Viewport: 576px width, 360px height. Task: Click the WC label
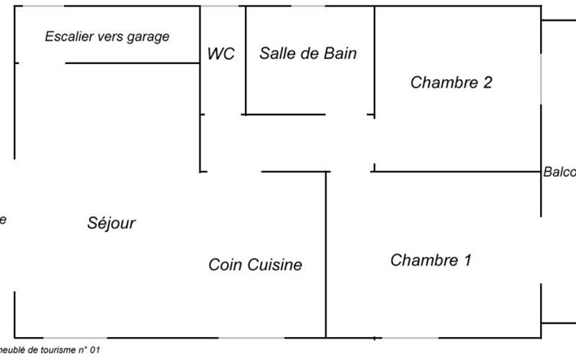point(220,54)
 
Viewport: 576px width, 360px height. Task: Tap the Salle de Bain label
point(308,53)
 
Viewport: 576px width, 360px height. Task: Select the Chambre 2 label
point(451,82)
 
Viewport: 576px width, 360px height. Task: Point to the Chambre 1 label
point(431,260)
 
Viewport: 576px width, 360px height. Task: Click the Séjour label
point(111,223)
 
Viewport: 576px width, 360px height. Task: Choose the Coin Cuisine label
point(255,265)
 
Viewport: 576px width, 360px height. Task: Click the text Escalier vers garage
point(107,36)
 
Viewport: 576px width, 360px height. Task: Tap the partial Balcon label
point(559,172)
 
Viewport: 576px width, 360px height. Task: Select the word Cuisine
point(275,265)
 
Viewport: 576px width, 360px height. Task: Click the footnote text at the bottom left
point(50,351)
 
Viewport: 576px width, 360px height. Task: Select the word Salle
point(276,53)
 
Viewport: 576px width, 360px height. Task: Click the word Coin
point(225,265)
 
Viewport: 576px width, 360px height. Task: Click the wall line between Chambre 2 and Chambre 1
point(457,171)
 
